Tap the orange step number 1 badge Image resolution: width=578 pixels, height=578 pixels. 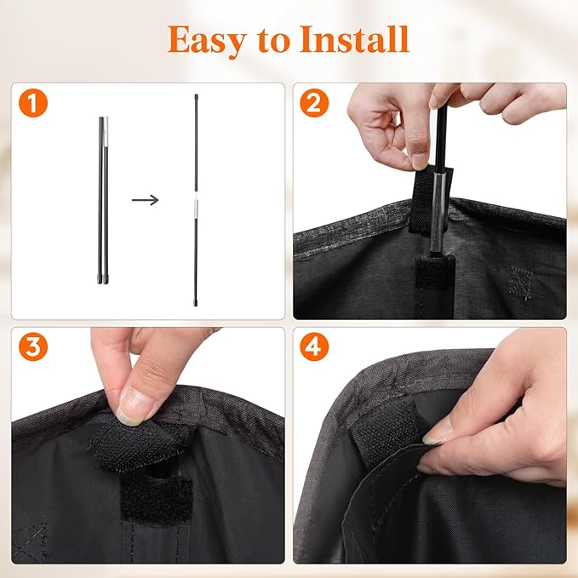[33, 103]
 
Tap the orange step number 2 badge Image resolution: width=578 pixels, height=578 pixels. [314, 103]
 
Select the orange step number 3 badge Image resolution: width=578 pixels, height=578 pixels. [33, 346]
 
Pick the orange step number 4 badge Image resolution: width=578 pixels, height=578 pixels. [314, 346]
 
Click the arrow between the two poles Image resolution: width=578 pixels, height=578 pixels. [146, 200]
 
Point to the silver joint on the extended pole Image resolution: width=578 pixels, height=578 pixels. [196, 209]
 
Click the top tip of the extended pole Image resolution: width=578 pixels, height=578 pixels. [196, 96]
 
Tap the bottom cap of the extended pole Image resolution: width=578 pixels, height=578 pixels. [196, 303]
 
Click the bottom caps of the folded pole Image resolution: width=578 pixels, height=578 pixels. [103, 279]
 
